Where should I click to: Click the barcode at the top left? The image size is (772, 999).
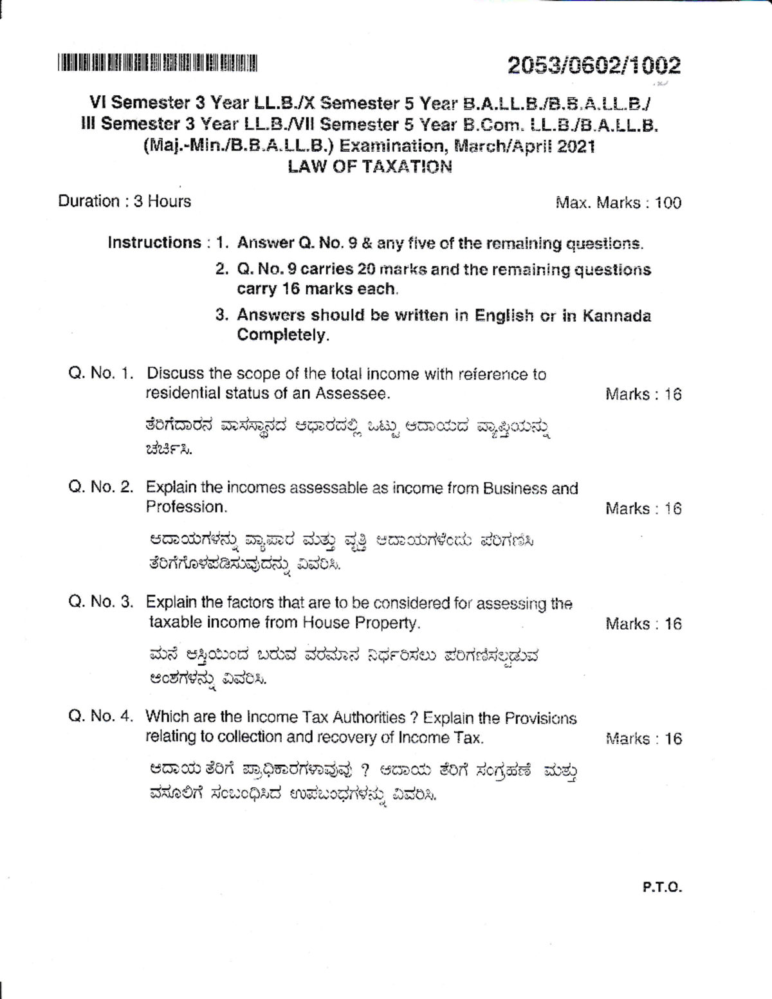coord(157,64)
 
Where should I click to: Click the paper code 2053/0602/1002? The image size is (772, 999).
coord(593,66)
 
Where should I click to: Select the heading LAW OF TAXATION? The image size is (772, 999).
coord(369,167)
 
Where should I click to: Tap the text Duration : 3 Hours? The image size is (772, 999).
coord(124,201)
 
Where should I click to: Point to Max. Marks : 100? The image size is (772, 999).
coord(618,203)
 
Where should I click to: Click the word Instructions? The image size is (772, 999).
coord(154,243)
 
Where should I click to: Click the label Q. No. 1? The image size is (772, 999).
coord(101,374)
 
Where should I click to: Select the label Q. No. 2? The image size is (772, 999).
coord(101,487)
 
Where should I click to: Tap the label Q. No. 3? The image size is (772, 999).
coord(101,602)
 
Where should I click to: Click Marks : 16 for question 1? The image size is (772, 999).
coord(643,394)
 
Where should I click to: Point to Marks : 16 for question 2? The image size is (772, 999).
coord(643,509)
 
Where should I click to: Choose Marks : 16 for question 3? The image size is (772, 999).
coord(643,624)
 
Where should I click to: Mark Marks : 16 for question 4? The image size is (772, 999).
coord(643,738)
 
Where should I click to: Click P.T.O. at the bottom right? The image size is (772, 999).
coord(661,888)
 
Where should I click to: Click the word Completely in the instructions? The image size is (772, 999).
coord(282,335)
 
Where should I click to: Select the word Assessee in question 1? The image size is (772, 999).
coord(356,393)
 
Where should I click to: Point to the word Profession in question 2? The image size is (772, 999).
coord(185,507)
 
